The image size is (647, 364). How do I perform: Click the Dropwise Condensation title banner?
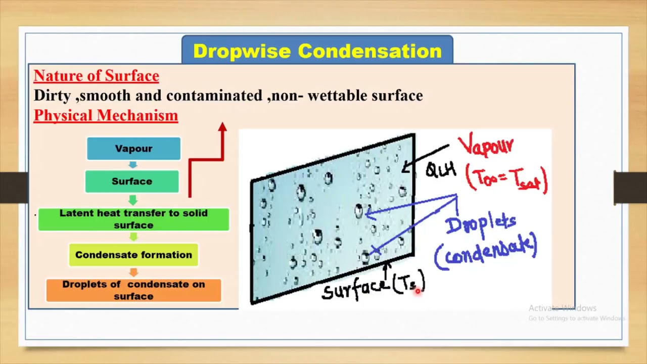coord(317,51)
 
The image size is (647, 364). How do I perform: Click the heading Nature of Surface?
coord(96,76)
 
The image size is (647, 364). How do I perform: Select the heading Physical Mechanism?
coord(106,115)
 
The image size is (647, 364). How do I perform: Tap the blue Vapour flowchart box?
coord(133,149)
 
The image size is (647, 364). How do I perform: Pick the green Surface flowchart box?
coord(132,181)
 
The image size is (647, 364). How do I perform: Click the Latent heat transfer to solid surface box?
coord(133,219)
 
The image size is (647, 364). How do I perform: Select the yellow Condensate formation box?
coord(133,255)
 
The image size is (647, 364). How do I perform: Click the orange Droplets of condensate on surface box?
coord(133,290)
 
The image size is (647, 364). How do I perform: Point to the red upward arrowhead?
coord(222,127)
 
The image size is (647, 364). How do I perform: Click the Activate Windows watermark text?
coord(562,308)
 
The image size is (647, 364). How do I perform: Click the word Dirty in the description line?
coord(52,96)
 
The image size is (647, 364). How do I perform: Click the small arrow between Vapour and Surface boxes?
coord(133,165)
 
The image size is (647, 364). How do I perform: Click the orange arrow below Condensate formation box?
coord(133,272)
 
